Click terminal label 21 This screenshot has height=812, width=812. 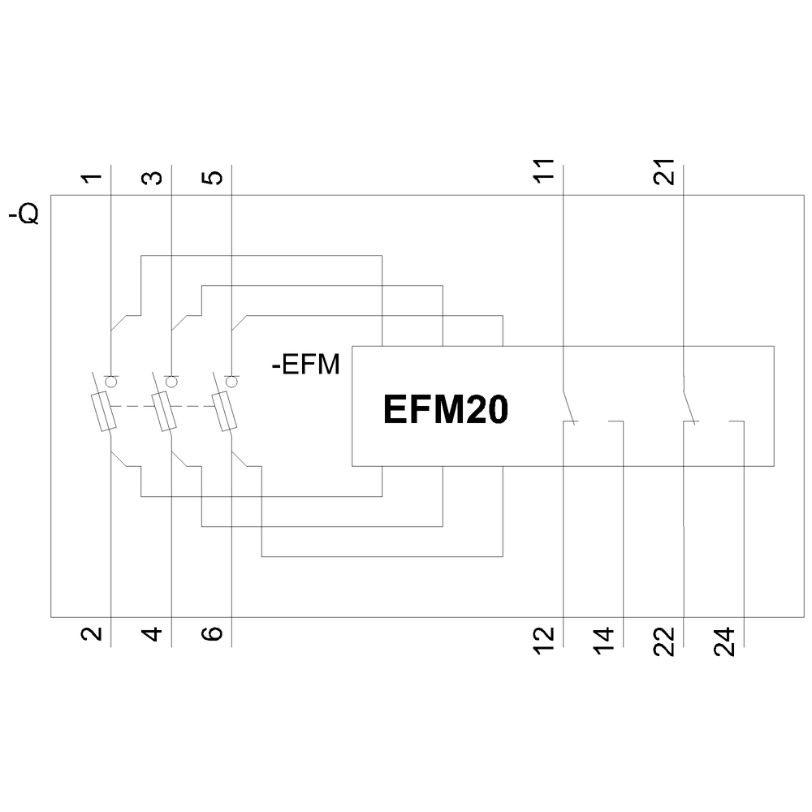666,171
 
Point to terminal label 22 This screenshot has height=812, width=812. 666,640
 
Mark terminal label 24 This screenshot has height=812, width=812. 727,640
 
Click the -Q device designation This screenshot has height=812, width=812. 24,216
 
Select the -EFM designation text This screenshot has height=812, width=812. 305,365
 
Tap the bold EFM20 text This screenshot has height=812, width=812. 446,410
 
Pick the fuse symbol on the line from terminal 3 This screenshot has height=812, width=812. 166,412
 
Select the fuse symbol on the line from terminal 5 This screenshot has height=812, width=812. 226,412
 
